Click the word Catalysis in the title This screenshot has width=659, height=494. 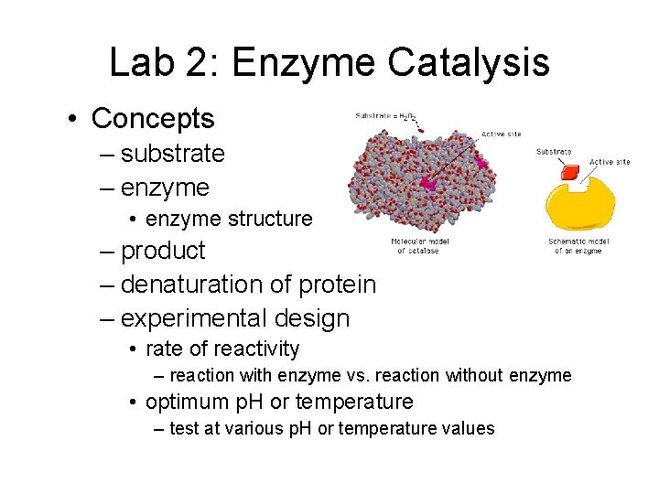pyautogui.click(x=468, y=63)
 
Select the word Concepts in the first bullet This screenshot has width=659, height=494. pyautogui.click(x=153, y=118)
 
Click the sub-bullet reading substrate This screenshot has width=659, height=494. pyautogui.click(x=172, y=154)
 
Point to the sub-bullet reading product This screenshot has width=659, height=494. pyautogui.click(x=163, y=251)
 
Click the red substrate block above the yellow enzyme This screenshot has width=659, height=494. pyautogui.click(x=570, y=173)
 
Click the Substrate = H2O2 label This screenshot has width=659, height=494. pyautogui.click(x=385, y=116)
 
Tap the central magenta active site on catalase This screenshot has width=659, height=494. pyautogui.click(x=427, y=183)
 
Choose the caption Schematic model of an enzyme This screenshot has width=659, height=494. pyautogui.click(x=578, y=246)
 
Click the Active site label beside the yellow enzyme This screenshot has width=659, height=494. pyautogui.click(x=609, y=162)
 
